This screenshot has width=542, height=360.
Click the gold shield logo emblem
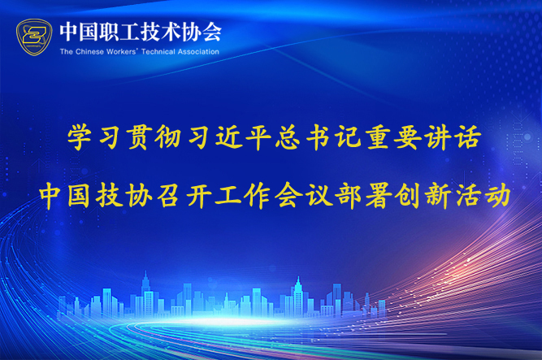coord(34,37)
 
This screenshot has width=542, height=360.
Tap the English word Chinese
coord(89,52)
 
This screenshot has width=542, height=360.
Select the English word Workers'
coord(122,52)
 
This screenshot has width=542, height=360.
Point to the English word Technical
coord(158,52)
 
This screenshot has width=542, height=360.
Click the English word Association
coord(198,52)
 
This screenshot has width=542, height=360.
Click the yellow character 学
coord(80,137)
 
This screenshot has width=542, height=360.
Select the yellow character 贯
coord(140,137)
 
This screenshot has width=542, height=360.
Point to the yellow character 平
coord(258,137)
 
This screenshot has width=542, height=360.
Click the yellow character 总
coord(288,137)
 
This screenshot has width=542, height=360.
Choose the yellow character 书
coord(319,137)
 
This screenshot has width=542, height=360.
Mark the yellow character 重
coord(379,137)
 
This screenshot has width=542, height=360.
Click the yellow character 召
coord(168,196)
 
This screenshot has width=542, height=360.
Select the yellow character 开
coord(199,196)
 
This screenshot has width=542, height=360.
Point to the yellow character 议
coord(319,196)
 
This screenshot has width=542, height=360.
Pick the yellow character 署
coord(379,196)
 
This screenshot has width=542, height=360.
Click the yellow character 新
coord(439,196)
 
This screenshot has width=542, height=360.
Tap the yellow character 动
coord(498,196)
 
